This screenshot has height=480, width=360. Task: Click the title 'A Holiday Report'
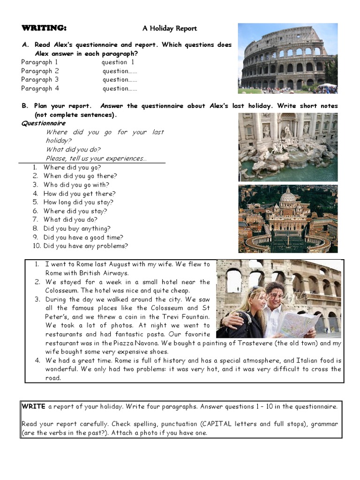pyautogui.click(x=170, y=29)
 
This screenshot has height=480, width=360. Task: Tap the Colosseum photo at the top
pyautogui.click(x=287, y=58)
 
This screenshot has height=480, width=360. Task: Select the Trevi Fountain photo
pyautogui.click(x=287, y=146)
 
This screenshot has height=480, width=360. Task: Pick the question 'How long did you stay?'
pyautogui.click(x=78, y=202)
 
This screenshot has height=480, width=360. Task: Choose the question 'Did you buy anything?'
pyautogui.click(x=77, y=229)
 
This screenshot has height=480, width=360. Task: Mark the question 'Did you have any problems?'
pyautogui.click(x=85, y=246)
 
